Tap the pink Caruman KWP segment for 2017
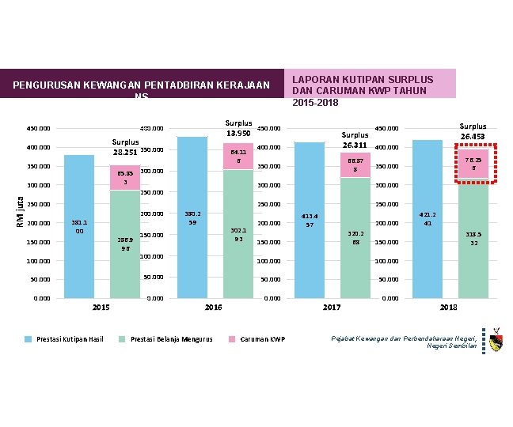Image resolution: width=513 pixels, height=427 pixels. (355, 165)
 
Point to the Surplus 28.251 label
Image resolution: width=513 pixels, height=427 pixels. (125, 148)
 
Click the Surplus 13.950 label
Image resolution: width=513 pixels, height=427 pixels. (238, 127)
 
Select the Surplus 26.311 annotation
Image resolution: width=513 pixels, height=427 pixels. (355, 141)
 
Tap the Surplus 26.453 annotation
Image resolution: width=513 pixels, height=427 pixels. (473, 130)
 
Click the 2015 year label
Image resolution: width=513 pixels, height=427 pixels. (101, 307)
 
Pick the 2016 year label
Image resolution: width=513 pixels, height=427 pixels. (214, 307)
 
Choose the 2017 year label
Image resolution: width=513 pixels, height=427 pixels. (332, 307)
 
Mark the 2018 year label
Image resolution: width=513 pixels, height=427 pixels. (450, 307)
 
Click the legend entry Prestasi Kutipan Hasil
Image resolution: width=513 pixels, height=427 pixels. (69, 339)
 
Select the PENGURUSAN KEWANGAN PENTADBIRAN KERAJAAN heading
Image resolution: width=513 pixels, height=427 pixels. (142, 86)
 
